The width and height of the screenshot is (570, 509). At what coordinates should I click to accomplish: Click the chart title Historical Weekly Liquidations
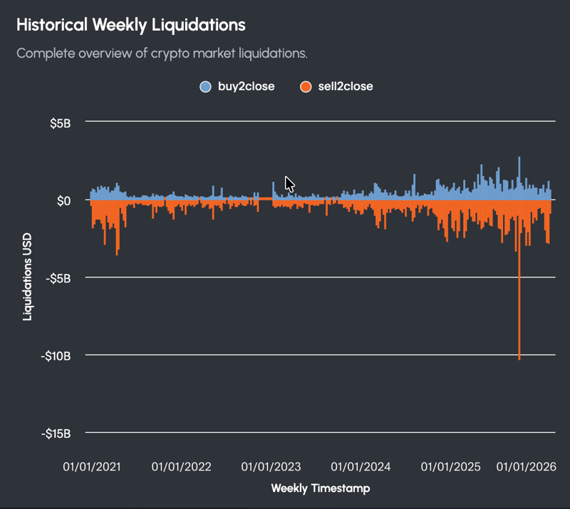click(x=130, y=25)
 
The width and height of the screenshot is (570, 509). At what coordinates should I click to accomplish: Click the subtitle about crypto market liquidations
click(x=161, y=53)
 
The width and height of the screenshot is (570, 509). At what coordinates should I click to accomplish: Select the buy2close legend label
click(x=246, y=87)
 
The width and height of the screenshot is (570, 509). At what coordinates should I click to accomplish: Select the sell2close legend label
click(x=346, y=87)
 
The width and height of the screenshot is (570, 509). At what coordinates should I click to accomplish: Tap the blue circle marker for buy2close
click(x=206, y=87)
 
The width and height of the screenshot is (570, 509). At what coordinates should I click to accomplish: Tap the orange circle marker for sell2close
click(x=306, y=87)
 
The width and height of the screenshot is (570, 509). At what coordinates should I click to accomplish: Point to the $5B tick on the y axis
click(x=60, y=123)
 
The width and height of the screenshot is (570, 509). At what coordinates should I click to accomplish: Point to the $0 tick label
click(x=64, y=200)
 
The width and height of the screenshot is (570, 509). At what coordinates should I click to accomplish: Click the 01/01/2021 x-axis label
click(x=92, y=468)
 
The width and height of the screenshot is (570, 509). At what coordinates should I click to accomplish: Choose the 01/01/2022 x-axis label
click(x=182, y=468)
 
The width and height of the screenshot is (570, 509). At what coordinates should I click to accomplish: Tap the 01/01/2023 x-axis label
click(x=271, y=468)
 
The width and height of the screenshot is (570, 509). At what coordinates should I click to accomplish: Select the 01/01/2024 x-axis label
click(x=361, y=468)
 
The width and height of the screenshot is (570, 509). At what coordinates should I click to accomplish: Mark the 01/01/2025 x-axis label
click(x=451, y=468)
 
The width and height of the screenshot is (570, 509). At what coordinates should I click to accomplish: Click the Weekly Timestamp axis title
click(x=321, y=488)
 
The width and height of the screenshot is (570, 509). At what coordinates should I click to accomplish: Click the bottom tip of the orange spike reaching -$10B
click(x=519, y=359)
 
